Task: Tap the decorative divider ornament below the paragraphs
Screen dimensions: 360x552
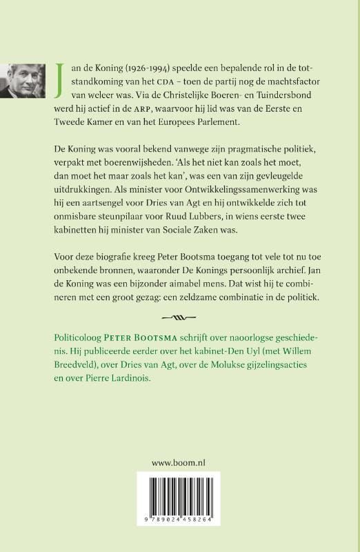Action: click(179, 356)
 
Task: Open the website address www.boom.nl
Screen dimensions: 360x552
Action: click(179, 484)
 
